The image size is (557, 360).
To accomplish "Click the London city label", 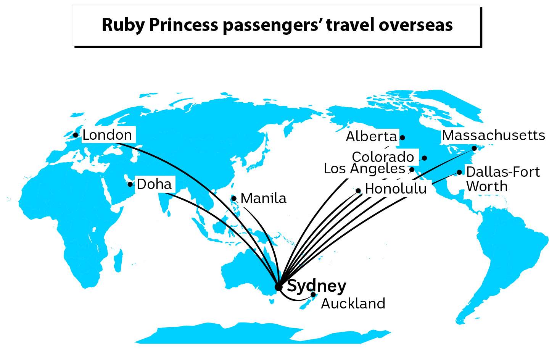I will click(x=107, y=135).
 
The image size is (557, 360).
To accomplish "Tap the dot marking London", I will click(x=76, y=135).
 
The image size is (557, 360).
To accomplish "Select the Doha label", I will click(x=154, y=184).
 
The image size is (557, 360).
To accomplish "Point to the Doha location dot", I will click(x=130, y=184).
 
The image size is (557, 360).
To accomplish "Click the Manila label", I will click(x=263, y=199).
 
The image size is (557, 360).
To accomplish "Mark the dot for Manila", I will click(x=234, y=199).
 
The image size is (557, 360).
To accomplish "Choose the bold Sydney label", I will click(x=316, y=286).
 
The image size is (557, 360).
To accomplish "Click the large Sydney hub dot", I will click(x=278, y=287).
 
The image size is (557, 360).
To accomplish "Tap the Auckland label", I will click(x=353, y=304).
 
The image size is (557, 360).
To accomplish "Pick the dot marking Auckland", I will click(x=313, y=294).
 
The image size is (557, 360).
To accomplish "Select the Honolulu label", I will click(x=396, y=189).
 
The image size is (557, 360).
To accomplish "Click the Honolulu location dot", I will click(x=358, y=191).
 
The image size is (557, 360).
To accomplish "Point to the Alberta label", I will click(x=371, y=137).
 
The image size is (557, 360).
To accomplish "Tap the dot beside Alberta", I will click(x=402, y=137).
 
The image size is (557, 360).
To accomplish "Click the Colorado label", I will click(x=383, y=157).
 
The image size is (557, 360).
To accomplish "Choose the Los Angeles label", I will click(x=364, y=169).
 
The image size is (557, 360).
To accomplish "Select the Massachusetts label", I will click(x=493, y=135).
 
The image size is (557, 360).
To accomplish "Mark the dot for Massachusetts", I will click(x=474, y=148).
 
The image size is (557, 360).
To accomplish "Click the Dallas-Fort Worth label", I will click(x=502, y=179).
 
